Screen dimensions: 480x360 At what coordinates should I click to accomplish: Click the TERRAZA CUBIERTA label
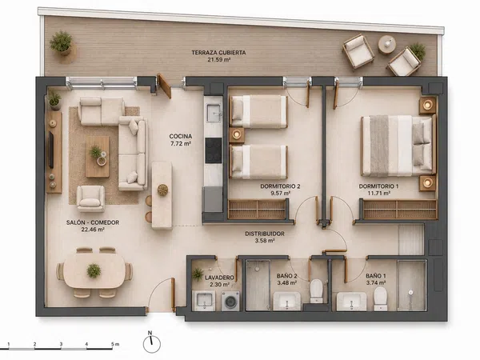click(x=218, y=53)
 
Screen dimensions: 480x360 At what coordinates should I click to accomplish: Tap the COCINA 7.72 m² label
click(x=181, y=139)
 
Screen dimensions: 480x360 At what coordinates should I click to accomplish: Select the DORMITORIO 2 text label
click(x=280, y=186)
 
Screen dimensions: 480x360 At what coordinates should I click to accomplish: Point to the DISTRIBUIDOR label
click(x=265, y=234)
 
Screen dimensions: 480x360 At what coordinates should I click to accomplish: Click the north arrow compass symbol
click(x=151, y=342)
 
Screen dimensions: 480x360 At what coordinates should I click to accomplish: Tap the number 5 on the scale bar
click(x=113, y=344)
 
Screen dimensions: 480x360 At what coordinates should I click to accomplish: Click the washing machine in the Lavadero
click(x=230, y=301)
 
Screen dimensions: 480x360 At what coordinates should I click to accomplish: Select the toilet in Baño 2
click(x=316, y=290)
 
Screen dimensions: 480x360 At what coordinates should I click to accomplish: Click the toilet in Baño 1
click(x=381, y=298)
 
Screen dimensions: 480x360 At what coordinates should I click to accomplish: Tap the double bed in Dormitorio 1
click(x=398, y=146)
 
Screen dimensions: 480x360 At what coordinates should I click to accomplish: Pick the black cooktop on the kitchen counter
click(x=214, y=150)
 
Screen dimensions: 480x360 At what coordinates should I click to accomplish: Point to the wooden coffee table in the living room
click(x=98, y=157)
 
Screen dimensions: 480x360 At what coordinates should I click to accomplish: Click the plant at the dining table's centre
click(x=94, y=271)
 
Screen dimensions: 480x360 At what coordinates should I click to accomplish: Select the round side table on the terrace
click(x=387, y=45)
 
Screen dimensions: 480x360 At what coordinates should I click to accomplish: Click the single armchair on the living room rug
click(x=90, y=198)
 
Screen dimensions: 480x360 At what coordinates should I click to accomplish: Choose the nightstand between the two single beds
click(x=237, y=135)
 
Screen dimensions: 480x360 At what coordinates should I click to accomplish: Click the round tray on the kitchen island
click(x=162, y=190)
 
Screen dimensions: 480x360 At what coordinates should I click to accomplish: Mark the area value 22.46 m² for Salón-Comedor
click(x=93, y=230)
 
